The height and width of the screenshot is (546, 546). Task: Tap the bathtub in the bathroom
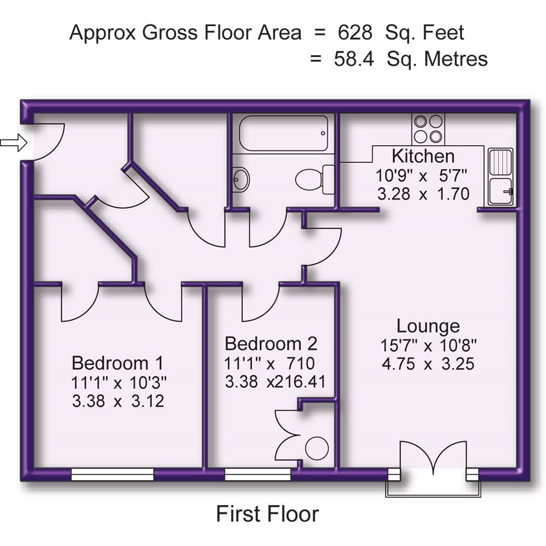(x=284, y=133)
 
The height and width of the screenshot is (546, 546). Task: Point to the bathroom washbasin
(x=241, y=179)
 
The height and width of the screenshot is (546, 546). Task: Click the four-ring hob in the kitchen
(x=428, y=128)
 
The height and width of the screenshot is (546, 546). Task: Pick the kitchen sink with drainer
(x=500, y=176)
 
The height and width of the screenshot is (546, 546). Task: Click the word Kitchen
(x=423, y=156)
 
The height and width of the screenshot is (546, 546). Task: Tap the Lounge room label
(x=428, y=326)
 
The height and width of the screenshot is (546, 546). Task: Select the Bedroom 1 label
(x=117, y=363)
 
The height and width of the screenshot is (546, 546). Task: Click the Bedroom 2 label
(x=271, y=344)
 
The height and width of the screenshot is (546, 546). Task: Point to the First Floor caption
(x=267, y=514)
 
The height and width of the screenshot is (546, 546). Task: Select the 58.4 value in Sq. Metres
(x=354, y=59)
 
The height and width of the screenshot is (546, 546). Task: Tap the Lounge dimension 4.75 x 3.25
(x=428, y=364)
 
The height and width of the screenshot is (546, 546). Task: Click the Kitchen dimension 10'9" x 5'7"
(x=421, y=175)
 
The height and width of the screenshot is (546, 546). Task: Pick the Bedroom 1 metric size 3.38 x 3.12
(x=118, y=401)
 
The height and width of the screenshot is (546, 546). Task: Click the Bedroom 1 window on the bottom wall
(x=112, y=474)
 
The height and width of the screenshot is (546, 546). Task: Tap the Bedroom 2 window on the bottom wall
(x=258, y=474)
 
